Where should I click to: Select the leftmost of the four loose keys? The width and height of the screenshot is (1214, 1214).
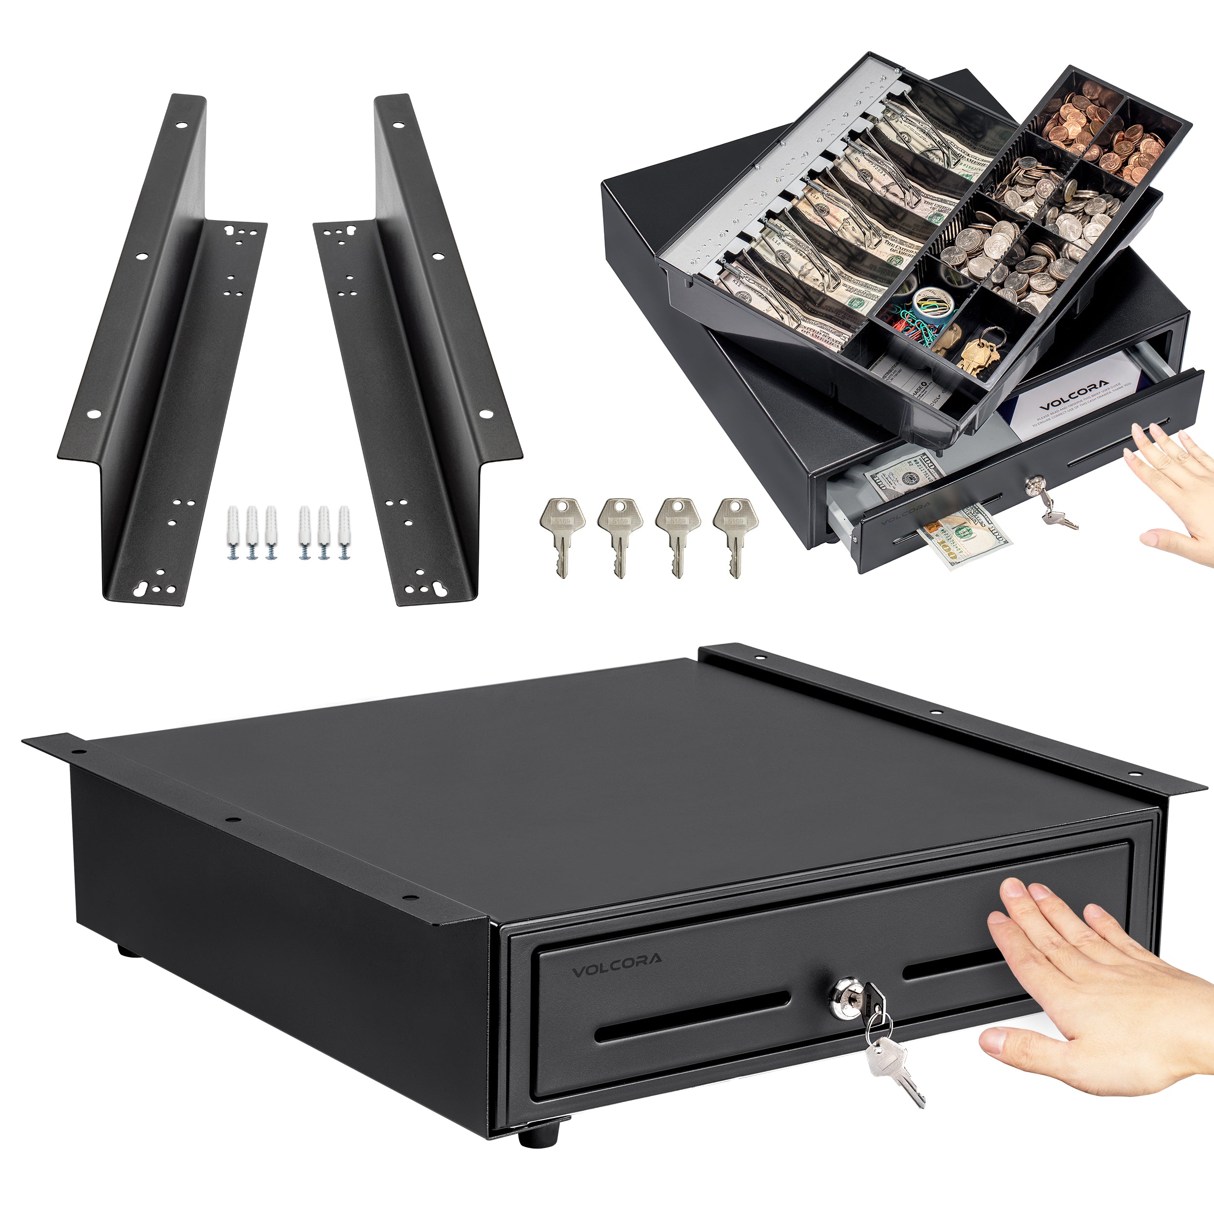point(562,534)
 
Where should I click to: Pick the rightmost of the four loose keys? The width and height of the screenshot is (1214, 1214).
point(735,534)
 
